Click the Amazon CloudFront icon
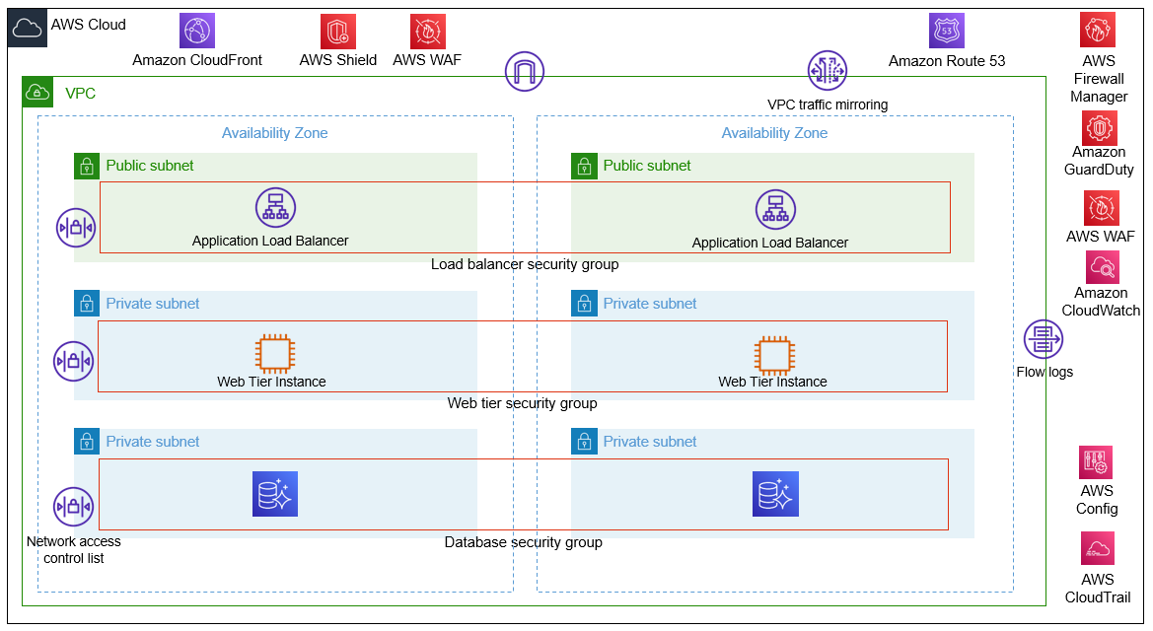[196, 32]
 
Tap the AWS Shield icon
[337, 32]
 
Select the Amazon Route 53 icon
[946, 32]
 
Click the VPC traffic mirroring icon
[828, 71]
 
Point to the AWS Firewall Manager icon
[1098, 32]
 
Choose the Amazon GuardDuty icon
[1099, 128]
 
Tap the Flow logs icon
[1044, 340]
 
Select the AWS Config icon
[1096, 462]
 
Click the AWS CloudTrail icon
[1097, 550]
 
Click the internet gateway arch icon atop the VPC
[525, 71]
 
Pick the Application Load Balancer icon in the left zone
[275, 208]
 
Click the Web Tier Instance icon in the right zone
[773, 354]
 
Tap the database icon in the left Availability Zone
[275, 494]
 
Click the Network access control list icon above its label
[73, 508]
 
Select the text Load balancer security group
[524, 264]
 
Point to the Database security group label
[523, 542]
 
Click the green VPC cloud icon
[38, 93]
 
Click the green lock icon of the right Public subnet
[584, 166]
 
